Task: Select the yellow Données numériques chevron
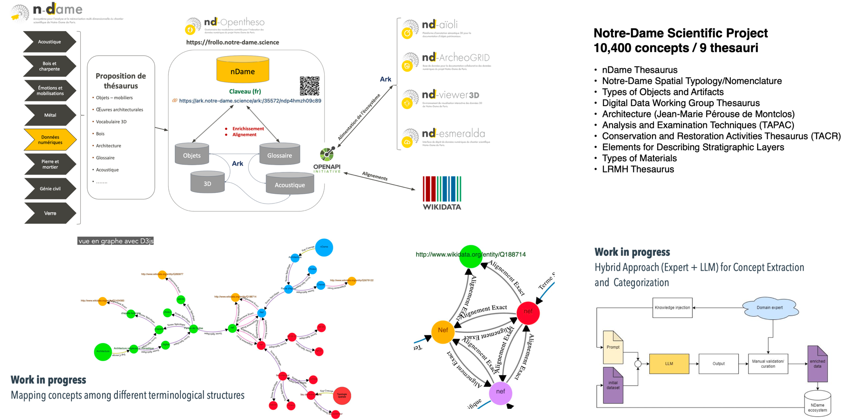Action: [50, 140]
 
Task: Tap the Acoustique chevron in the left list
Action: [50, 42]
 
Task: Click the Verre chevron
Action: [50, 213]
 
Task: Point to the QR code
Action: [309, 86]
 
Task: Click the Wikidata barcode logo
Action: [442, 193]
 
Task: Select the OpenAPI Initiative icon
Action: [327, 154]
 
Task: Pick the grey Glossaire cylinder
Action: [279, 154]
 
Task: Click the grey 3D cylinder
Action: [207, 182]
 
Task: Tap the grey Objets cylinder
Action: [192, 154]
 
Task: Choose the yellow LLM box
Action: [669, 364]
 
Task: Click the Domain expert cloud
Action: [770, 308]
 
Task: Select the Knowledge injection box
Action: [672, 308]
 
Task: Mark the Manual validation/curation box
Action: [767, 364]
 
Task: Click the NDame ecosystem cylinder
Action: [817, 402]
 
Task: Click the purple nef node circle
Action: [500, 392]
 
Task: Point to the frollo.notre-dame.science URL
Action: [232, 42]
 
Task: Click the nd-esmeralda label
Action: [453, 134]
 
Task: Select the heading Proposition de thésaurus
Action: [121, 81]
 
